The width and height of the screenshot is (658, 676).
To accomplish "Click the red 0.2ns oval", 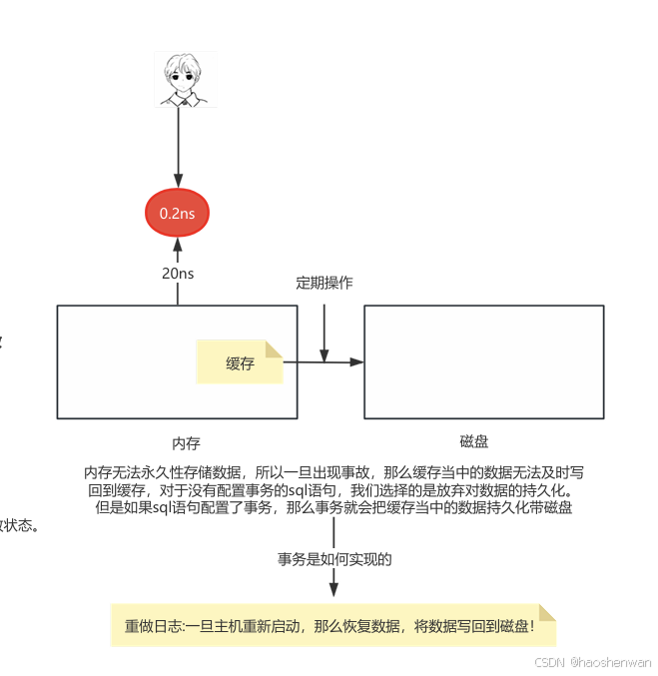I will (178, 213).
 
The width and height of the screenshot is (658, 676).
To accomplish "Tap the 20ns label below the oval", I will (178, 273).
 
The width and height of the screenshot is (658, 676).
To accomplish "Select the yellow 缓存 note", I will (240, 362).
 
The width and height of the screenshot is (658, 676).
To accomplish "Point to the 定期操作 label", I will (325, 283).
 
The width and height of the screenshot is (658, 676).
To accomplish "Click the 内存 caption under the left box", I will (186, 442).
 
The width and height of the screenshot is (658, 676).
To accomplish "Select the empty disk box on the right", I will (483, 361).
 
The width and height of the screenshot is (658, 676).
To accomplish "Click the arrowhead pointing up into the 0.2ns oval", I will (178, 243).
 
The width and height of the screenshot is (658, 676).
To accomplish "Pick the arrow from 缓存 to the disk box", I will (329, 361).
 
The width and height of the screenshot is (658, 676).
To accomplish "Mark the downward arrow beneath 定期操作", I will (325, 330).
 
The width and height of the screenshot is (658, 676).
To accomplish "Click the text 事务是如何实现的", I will (334, 559).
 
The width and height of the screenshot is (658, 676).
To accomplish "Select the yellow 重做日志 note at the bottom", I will (332, 626).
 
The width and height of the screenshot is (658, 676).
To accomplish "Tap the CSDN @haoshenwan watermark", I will (593, 662).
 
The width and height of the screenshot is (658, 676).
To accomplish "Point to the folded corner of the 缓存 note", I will (275, 349).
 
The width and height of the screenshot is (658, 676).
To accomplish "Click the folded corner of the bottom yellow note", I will (547, 612).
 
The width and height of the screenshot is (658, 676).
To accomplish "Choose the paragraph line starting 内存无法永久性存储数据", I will (334, 471).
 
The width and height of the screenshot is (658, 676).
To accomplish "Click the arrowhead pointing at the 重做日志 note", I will (333, 595).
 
